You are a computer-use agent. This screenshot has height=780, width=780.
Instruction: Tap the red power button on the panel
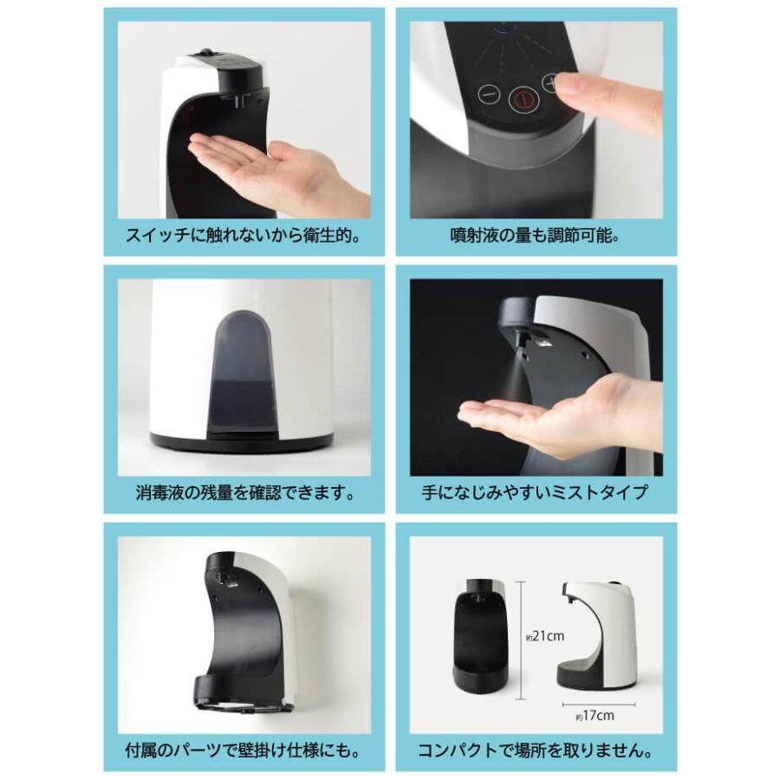point(521,99)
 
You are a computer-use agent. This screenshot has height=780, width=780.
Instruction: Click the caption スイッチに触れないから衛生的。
point(244,236)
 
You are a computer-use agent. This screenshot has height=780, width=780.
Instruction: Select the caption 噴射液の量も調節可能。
point(536,236)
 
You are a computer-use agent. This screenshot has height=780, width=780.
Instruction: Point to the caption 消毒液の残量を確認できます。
point(244,494)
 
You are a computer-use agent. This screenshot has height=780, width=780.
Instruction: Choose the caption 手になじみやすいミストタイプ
point(536,494)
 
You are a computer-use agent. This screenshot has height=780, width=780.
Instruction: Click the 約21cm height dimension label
point(544,636)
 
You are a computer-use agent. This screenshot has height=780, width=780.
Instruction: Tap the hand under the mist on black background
point(555,420)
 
